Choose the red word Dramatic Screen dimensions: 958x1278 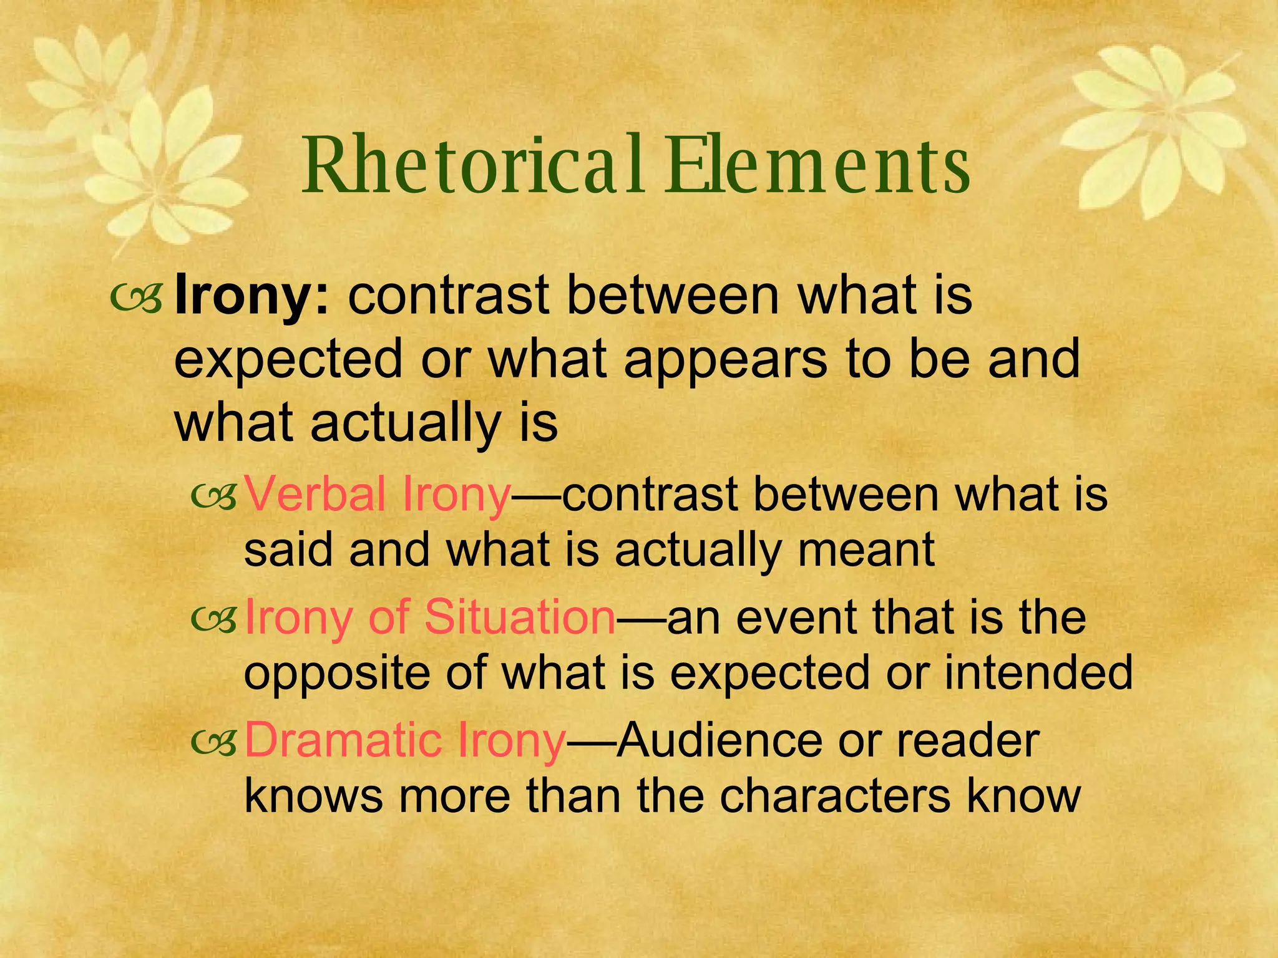[343, 740]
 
